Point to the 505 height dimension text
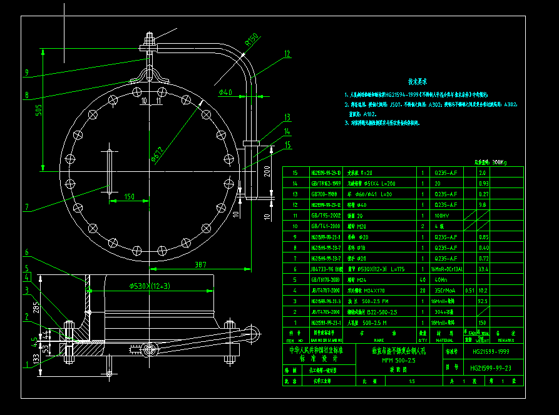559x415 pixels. [x=38, y=111]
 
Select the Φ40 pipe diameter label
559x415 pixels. [x=225, y=92]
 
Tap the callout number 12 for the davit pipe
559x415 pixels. [x=287, y=54]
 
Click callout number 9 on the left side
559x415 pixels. [x=27, y=72]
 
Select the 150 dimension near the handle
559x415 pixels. [x=129, y=197]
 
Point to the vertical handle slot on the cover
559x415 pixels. [x=110, y=170]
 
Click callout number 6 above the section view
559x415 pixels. [x=27, y=253]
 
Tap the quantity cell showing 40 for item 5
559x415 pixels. [x=422, y=280]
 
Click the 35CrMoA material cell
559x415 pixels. [x=443, y=290]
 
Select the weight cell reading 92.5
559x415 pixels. [x=482, y=301]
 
